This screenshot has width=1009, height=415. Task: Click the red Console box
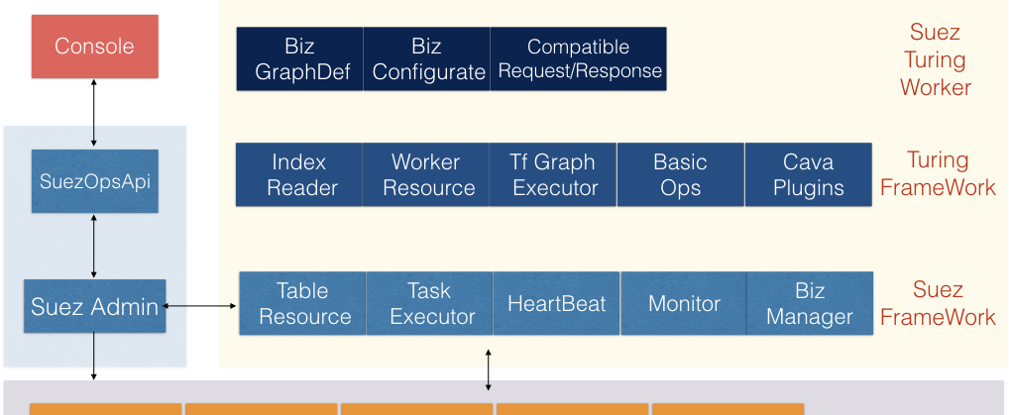[94, 47]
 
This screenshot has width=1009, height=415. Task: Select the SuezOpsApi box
[94, 181]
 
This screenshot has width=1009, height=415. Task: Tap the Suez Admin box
[94, 306]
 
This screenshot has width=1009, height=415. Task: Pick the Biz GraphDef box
[300, 58]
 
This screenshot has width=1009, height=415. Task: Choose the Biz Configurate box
[426, 58]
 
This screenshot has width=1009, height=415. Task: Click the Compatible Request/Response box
[578, 58]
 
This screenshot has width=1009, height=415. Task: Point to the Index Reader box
[299, 174]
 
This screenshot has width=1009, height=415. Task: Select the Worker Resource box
[425, 174]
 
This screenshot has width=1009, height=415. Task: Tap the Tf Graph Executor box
[553, 174]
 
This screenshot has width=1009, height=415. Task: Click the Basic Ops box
[680, 174]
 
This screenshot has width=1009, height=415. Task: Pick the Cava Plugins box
[808, 174]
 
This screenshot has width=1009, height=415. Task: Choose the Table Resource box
[302, 303]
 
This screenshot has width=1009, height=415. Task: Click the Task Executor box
[429, 303]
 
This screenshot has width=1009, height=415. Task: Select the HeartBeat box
[557, 303]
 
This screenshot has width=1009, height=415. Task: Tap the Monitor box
[683, 303]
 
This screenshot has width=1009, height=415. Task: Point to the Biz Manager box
[810, 303]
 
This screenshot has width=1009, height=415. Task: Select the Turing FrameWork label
[939, 173]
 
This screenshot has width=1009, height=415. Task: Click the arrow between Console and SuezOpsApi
[94, 113]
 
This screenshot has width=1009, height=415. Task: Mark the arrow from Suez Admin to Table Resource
[201, 306]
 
